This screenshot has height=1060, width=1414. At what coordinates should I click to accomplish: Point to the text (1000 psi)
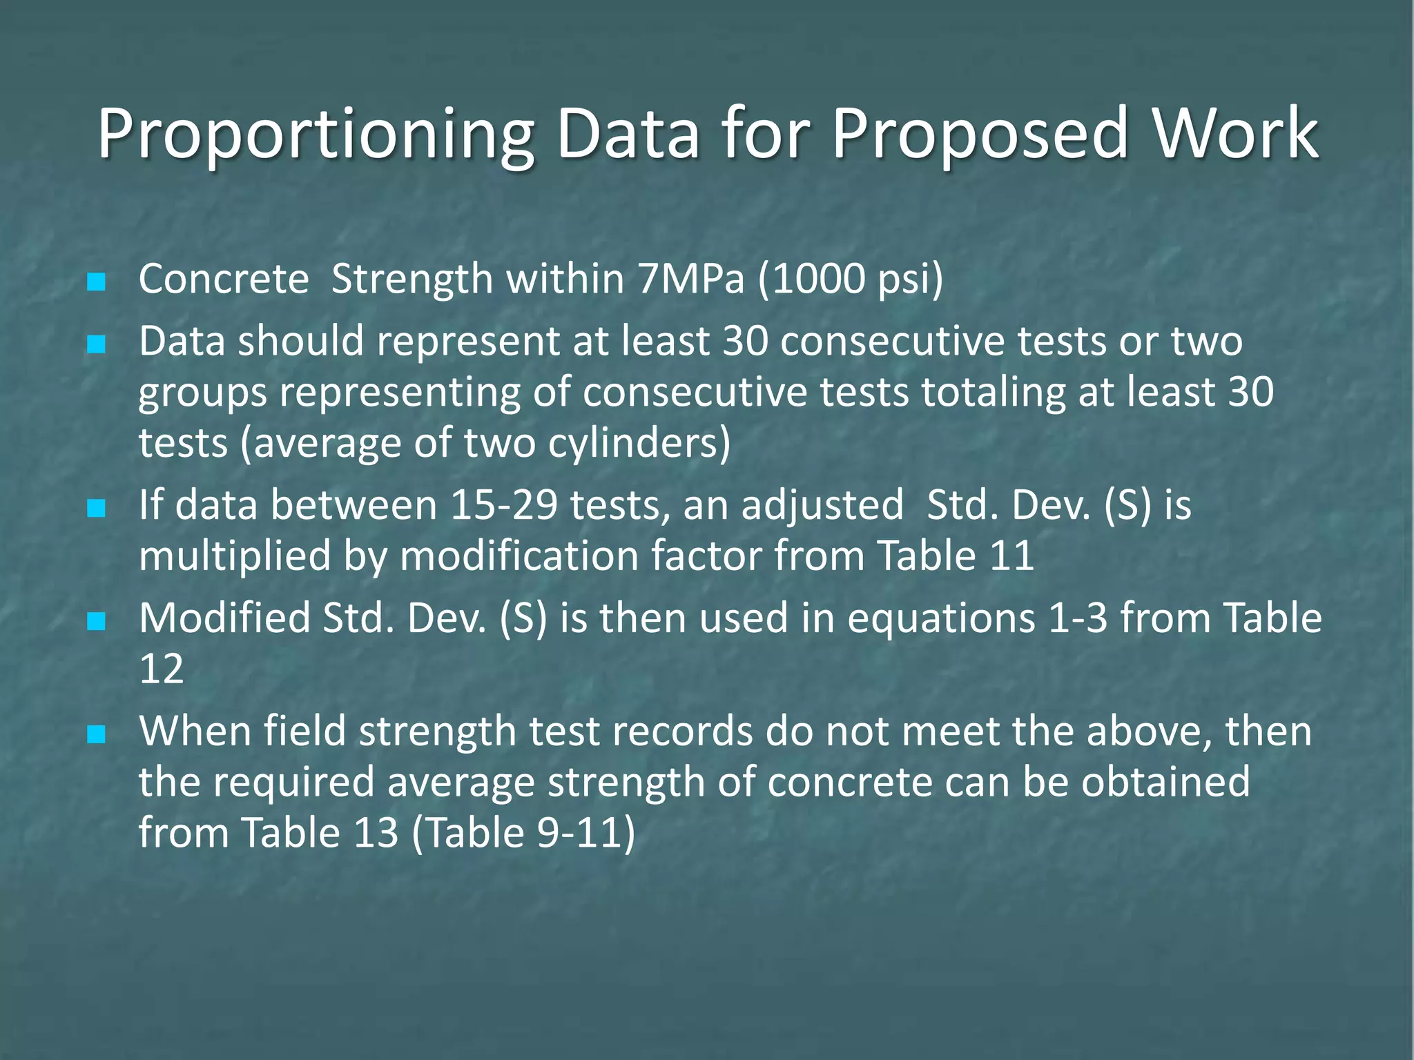851,279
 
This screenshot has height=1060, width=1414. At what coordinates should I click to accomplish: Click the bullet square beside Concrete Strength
97,282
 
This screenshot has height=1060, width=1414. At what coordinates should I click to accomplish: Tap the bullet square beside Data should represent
97,344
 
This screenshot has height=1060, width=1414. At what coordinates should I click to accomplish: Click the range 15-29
503,505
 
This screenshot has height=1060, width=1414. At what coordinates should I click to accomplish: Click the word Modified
224,618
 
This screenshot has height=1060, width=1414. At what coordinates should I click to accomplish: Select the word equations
941,618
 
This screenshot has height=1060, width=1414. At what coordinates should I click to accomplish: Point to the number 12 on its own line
162,669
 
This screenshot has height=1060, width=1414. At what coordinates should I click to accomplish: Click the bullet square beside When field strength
97,734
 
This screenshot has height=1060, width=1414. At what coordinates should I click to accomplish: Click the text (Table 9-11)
523,834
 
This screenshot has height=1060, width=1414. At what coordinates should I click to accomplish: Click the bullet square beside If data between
97,509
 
